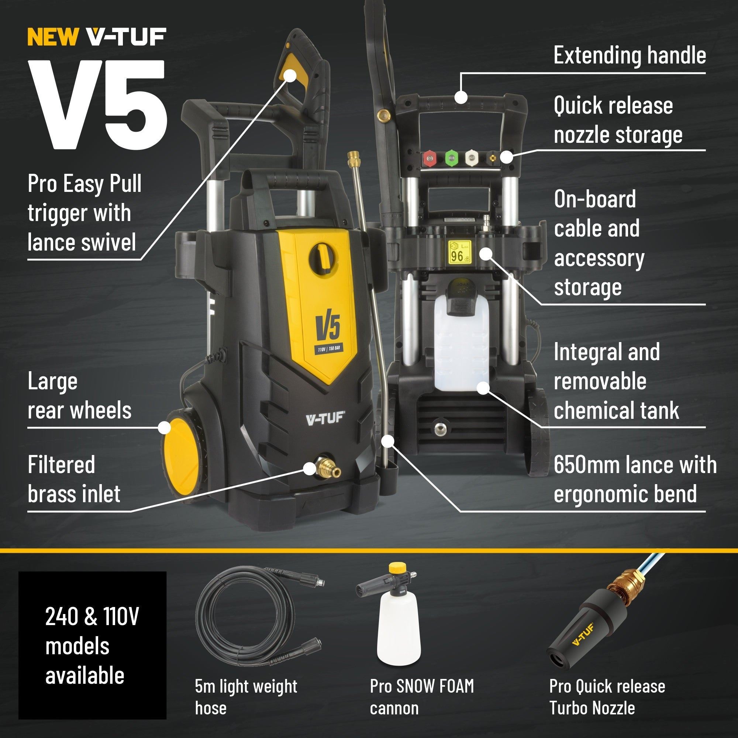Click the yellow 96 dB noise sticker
pos(460,253)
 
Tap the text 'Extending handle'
pos(630,55)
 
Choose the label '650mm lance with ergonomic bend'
pos(634,479)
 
